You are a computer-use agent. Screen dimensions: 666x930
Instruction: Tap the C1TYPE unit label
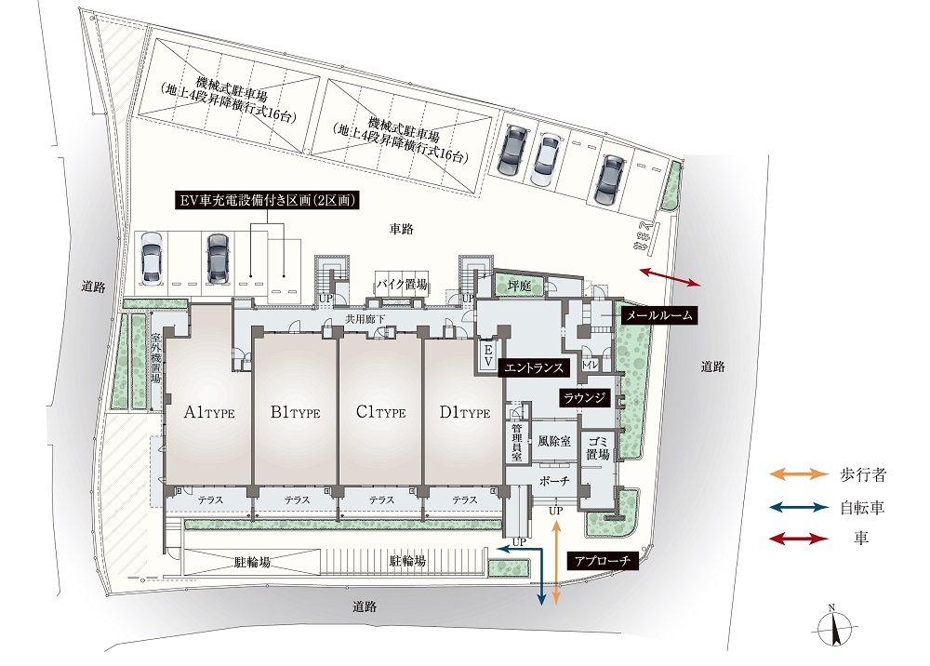tap(380, 413)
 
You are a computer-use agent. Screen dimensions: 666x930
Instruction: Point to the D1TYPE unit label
tap(464, 413)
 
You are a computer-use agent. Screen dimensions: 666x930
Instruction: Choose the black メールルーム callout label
tap(658, 316)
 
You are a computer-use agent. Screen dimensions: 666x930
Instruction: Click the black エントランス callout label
tap(533, 368)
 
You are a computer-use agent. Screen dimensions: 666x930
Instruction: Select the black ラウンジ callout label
tap(583, 398)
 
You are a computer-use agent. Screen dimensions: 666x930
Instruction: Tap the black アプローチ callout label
tap(600, 561)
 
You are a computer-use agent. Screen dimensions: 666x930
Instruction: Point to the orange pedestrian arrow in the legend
tap(797, 474)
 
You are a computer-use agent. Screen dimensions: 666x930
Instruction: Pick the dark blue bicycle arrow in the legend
tap(797, 508)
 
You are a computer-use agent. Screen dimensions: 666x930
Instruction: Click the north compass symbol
tap(832, 628)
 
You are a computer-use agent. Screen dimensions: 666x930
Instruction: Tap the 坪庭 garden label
tap(518, 286)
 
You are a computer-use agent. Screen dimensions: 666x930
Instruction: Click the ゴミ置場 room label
tap(597, 448)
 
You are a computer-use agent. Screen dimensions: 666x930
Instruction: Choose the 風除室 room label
tap(553, 441)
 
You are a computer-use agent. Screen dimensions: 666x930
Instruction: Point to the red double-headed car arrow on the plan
tap(670, 276)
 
